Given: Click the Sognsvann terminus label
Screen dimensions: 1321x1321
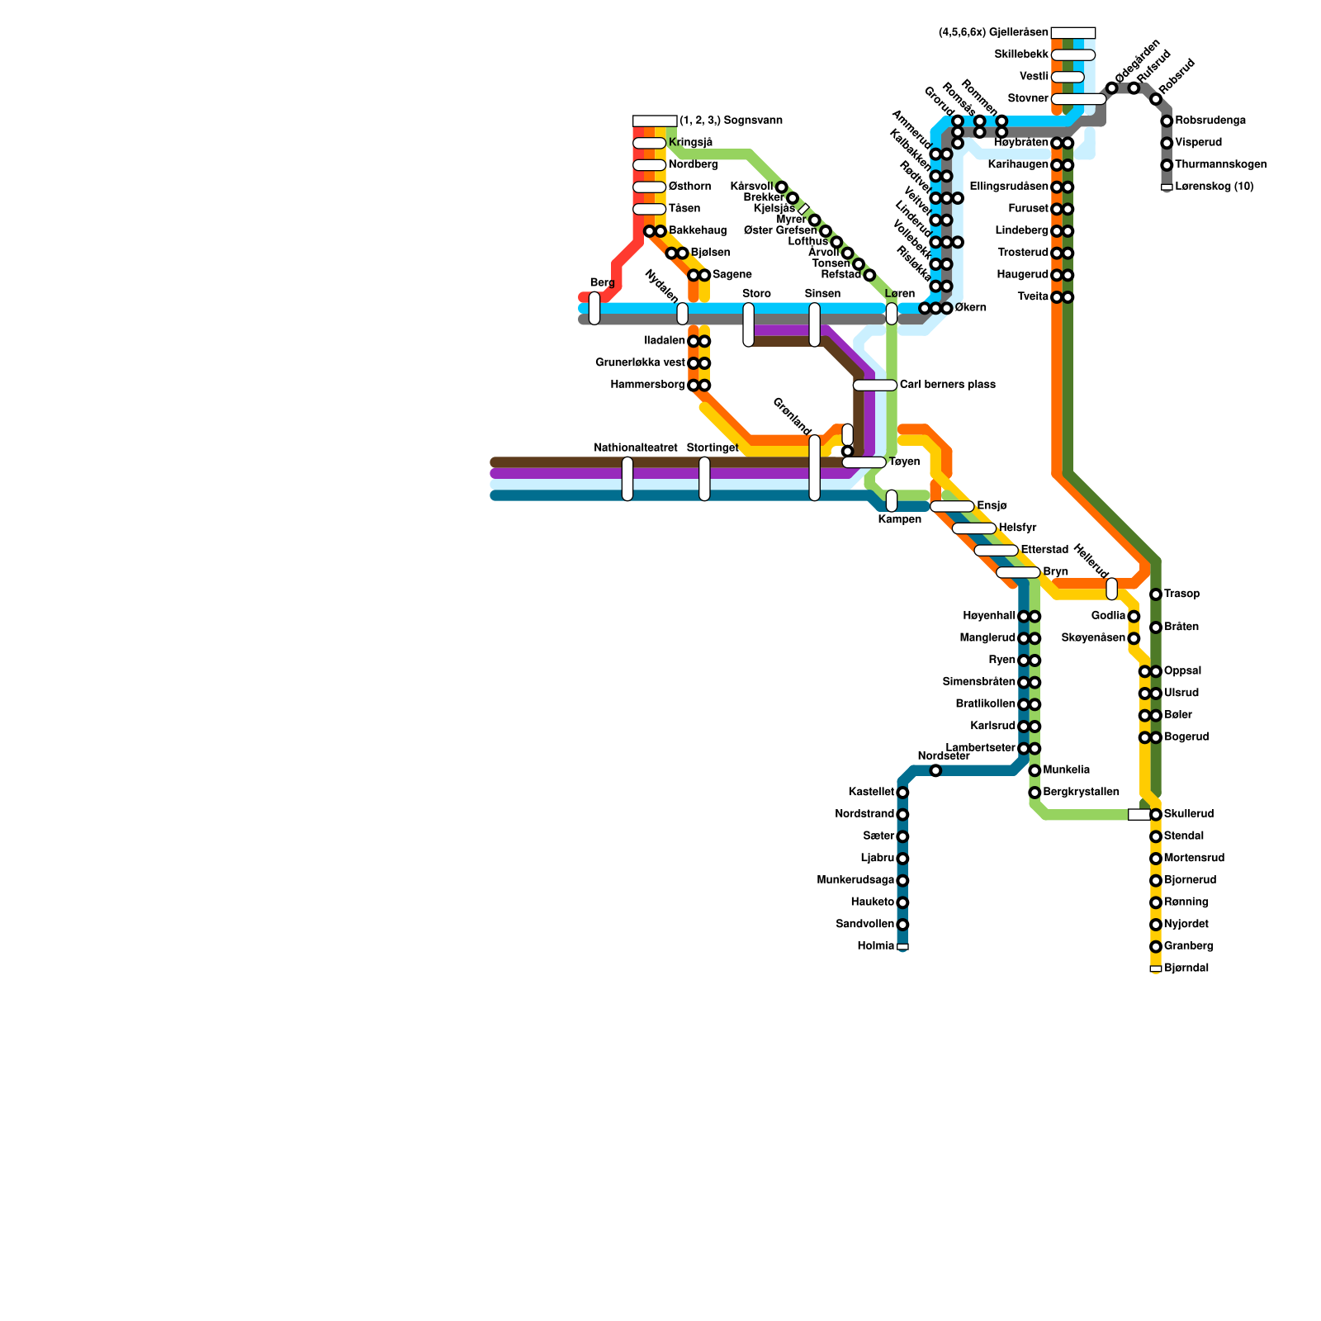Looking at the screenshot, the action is point(731,121).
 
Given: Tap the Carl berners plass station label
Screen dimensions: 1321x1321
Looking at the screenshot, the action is point(947,385).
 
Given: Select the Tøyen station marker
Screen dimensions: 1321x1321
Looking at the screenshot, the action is point(864,462).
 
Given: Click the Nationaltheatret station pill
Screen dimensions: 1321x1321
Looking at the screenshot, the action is point(627,479).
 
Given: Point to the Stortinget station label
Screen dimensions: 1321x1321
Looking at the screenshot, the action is point(713,447).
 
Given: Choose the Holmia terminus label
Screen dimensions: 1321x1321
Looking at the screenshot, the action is point(876,946).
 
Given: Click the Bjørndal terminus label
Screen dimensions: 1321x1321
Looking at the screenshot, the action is point(1186,968).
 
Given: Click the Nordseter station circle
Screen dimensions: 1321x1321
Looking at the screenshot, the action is point(935,770).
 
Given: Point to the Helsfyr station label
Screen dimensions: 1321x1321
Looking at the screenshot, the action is point(1017,528).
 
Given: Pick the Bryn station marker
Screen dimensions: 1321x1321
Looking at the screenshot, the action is point(1017,572).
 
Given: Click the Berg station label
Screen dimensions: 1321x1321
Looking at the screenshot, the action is point(602,283).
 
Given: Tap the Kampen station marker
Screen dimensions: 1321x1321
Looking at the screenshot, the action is point(892,500).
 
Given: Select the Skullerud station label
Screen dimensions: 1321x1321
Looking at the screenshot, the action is point(1189,814).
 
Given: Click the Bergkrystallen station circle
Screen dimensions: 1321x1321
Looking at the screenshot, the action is point(1035,793).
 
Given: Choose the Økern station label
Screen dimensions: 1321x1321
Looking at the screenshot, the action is point(970,308).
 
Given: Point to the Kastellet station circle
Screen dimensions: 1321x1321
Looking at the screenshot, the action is point(902,793).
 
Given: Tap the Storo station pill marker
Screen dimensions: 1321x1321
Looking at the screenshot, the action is point(748,324).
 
